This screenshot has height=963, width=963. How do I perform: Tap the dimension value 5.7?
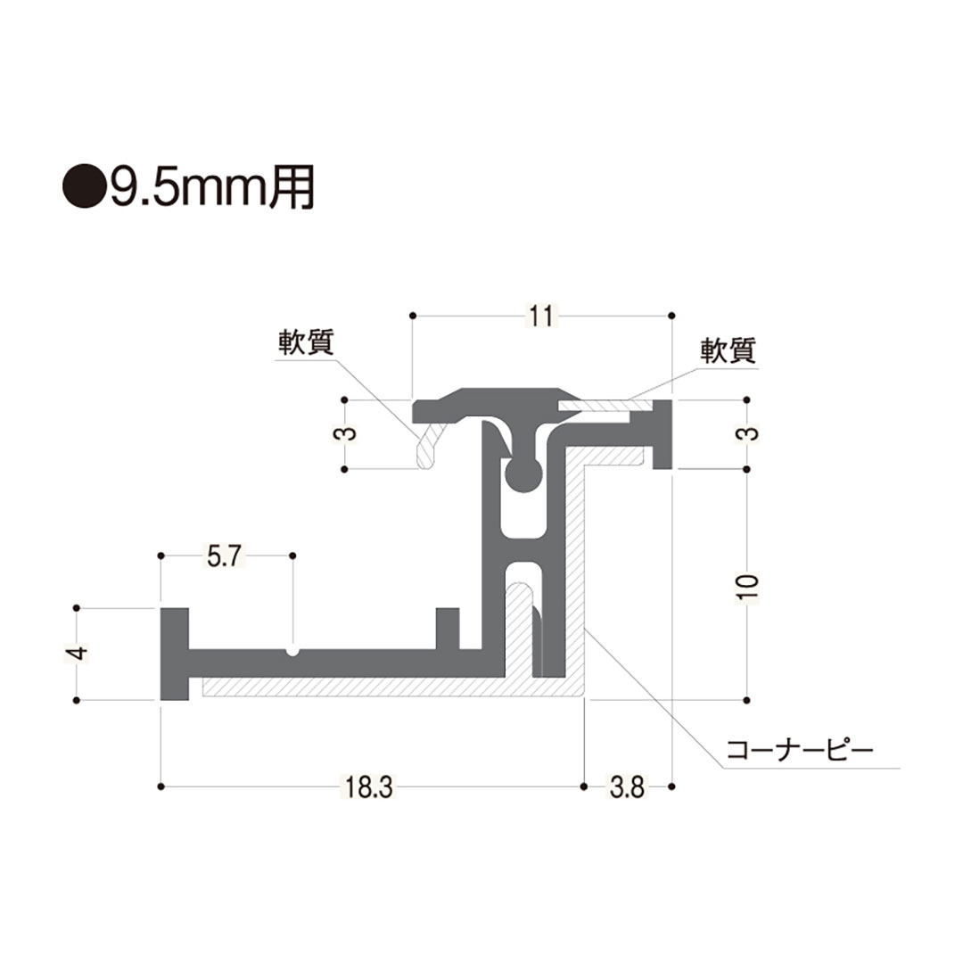224,557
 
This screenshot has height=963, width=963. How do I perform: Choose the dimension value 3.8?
627,788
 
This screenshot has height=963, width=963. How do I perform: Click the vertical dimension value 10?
747,585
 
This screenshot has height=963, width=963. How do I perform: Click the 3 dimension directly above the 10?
747,434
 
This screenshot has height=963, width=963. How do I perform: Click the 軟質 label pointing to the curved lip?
305,344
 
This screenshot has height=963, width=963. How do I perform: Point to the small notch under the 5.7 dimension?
292,651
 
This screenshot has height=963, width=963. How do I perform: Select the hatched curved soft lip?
428,444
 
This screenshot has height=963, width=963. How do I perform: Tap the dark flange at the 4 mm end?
174,654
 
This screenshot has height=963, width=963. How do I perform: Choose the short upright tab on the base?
448,629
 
